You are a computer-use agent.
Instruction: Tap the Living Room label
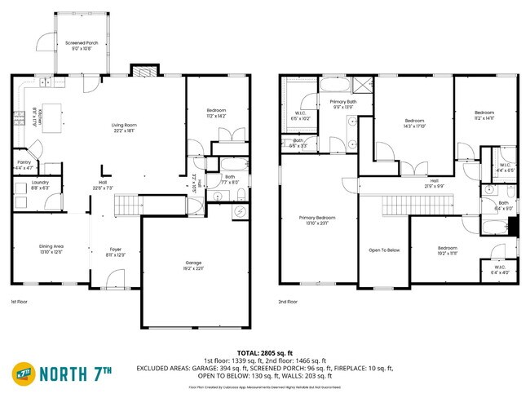pos(124,125)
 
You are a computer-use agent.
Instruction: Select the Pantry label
pos(24,150)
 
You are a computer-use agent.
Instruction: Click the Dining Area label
pos(51,247)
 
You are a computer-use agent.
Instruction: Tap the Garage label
pos(193,263)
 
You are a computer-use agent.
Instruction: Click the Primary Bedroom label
pos(317,219)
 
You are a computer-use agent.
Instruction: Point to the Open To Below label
pos(384,250)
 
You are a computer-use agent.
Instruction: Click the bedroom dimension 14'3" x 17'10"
pos(416,126)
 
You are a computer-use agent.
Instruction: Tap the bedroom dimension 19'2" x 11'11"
pos(447,253)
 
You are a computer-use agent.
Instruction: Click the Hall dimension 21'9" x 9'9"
pos(435,186)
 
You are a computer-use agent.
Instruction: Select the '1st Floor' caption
pos(20,302)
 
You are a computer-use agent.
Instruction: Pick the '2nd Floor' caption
pos(288,302)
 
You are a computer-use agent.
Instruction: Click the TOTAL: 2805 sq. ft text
pos(264,352)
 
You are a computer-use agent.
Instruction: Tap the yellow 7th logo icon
pos(23,374)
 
